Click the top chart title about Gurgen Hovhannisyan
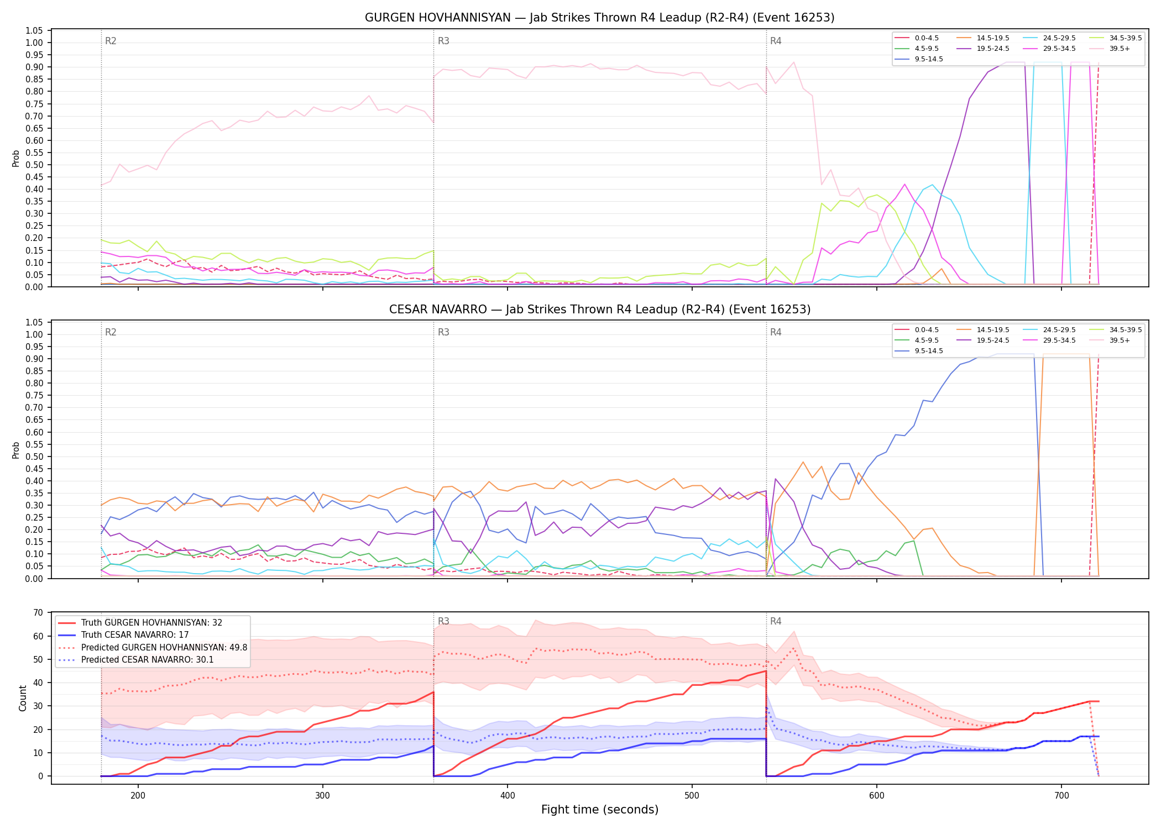point(599,18)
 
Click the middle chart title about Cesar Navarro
point(599,309)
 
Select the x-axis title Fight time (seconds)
point(600,810)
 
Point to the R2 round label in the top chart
point(111,41)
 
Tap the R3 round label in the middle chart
point(443,332)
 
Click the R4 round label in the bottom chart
point(776,621)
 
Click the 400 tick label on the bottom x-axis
point(508,795)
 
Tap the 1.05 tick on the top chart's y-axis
point(34,30)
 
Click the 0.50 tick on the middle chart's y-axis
point(34,457)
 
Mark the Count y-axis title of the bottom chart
point(23,698)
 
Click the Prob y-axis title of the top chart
point(16,158)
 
